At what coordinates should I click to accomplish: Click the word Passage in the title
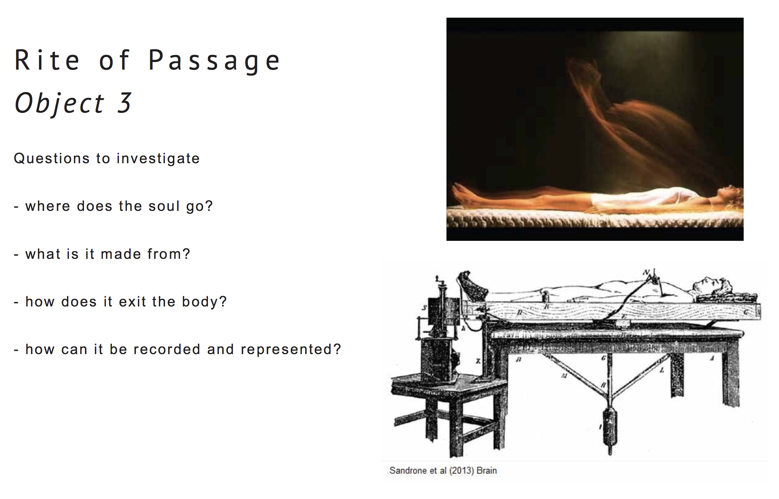coord(214,61)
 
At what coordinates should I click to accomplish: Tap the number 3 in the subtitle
coord(124,103)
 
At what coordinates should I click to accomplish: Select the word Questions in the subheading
coord(52,158)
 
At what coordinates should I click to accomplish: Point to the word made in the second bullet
coord(121,254)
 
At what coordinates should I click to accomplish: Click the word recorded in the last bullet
coord(166,349)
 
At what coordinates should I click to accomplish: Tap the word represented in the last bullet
coord(291,349)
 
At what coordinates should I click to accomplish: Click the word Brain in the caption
coord(487,471)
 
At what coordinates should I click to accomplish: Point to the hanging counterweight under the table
coord(610,430)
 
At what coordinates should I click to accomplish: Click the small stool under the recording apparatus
coord(450,416)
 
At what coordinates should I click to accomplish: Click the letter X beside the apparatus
coord(478,361)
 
